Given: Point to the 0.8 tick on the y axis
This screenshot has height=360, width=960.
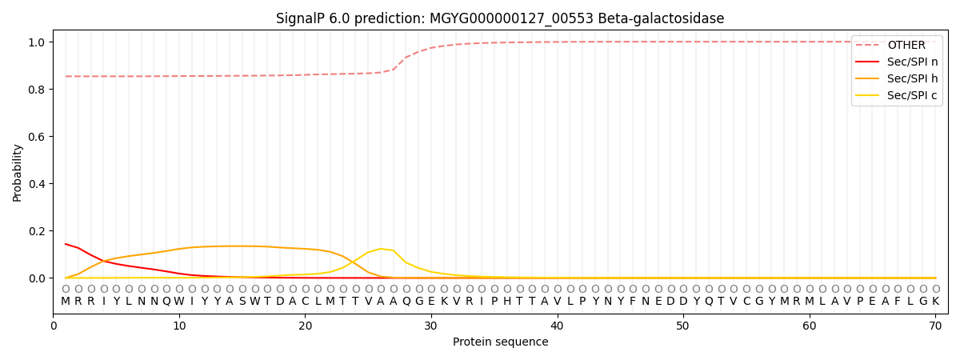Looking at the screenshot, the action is coord(37,90).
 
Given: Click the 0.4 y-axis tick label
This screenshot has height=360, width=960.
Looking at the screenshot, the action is coord(37,184).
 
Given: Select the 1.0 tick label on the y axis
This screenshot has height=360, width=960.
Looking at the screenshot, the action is coord(37,42).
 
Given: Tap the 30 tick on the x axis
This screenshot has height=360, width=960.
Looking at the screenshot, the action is coord(431,326).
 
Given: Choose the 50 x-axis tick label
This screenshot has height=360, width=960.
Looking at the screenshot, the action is coord(683,326).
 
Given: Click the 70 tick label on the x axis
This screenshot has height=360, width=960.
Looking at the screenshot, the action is coord(935,326).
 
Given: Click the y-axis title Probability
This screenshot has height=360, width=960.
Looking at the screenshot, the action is coord(17,173).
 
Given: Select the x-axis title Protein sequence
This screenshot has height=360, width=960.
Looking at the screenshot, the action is coord(501,342).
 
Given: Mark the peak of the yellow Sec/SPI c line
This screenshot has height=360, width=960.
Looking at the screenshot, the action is coord(381,249).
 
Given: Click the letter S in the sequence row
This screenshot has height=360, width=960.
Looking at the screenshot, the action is coord(242,302).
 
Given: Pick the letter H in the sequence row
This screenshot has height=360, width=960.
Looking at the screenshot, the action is coord(507,302).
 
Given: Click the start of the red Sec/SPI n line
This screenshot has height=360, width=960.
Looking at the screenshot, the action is coord(66,244).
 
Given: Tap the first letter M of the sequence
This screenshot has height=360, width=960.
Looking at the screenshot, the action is coord(66,302).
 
